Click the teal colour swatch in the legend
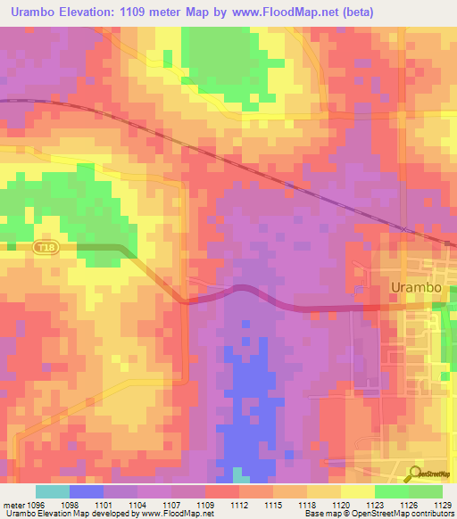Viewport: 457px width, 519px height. pos(53,491)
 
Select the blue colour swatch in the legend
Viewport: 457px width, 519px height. pos(87,491)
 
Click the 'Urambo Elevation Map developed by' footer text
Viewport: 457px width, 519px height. pos(62,514)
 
